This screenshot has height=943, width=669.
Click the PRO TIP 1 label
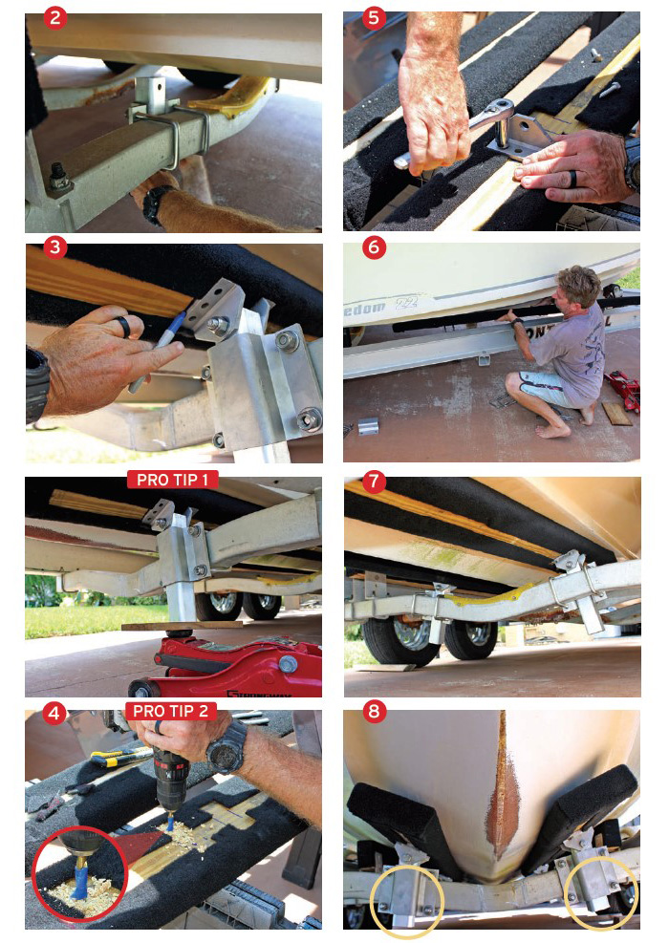pyautogui.click(x=172, y=479)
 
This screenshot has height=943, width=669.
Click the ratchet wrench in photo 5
pyautogui.click(x=449, y=135)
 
